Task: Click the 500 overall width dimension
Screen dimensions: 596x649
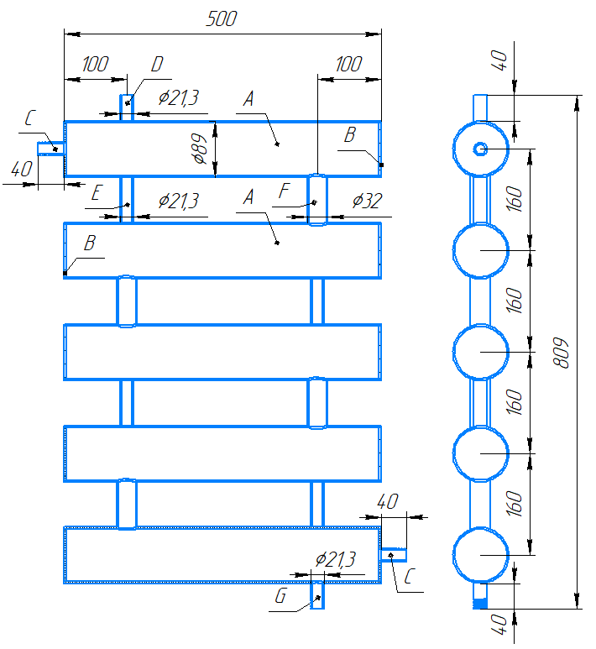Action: pyautogui.click(x=222, y=19)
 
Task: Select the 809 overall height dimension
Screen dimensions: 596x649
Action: pyautogui.click(x=561, y=353)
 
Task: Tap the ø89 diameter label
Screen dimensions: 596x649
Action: pyautogui.click(x=200, y=149)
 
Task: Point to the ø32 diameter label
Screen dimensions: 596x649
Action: pyautogui.click(x=367, y=201)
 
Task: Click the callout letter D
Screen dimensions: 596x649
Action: pyautogui.click(x=157, y=64)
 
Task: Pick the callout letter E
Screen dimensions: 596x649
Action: pyautogui.click(x=96, y=193)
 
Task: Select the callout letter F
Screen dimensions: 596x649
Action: pyautogui.click(x=284, y=191)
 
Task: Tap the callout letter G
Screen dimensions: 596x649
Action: pyautogui.click(x=280, y=595)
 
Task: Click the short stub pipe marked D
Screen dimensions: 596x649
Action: pyautogui.click(x=127, y=107)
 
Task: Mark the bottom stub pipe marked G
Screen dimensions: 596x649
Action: pyautogui.click(x=317, y=595)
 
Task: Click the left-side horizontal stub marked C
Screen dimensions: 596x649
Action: pyautogui.click(x=51, y=149)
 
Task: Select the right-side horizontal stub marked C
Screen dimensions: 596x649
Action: pyautogui.click(x=393, y=555)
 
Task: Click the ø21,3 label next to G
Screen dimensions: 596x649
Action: pyautogui.click(x=335, y=560)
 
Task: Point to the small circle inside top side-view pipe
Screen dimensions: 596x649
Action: pyautogui.click(x=480, y=149)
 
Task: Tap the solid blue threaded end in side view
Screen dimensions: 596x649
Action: pyautogui.click(x=480, y=604)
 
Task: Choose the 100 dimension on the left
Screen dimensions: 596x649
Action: pyautogui.click(x=95, y=64)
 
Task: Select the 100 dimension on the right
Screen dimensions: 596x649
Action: pyautogui.click(x=349, y=64)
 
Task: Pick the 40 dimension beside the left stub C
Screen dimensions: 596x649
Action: pyautogui.click(x=22, y=169)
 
